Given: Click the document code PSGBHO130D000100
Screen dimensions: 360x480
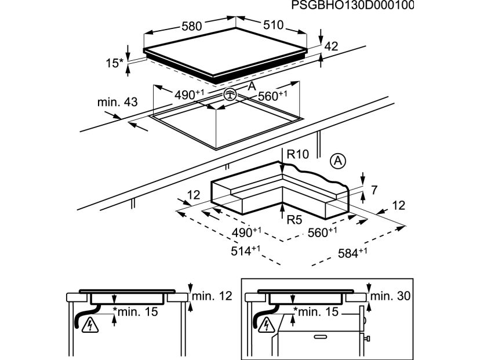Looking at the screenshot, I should pos(352,6).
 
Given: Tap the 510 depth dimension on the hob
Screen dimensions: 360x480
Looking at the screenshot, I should pos(272,25).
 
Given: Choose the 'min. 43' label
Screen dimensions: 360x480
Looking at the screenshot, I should pos(118,103).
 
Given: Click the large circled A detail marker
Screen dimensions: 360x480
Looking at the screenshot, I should pos(338,161).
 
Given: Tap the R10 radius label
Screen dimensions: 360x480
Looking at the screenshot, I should pos(297,154).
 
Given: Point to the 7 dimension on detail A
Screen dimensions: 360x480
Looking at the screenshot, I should pos(374,190).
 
